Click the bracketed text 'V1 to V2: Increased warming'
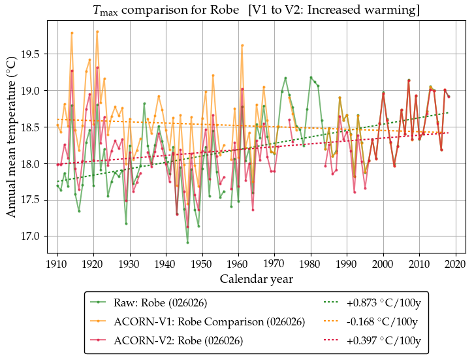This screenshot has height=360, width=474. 340,10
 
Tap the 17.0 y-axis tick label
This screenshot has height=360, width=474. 33,237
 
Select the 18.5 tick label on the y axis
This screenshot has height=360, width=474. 33,127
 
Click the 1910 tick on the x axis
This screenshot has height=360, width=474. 57,264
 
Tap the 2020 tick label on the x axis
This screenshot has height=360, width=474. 456,264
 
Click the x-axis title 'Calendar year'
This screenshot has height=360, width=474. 256,279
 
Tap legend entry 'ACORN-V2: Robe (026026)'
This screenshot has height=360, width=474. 178,340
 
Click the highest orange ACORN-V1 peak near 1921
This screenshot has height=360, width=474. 97,31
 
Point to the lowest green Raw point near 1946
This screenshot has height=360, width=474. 187,242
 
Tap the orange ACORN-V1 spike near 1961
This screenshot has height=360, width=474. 242,45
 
